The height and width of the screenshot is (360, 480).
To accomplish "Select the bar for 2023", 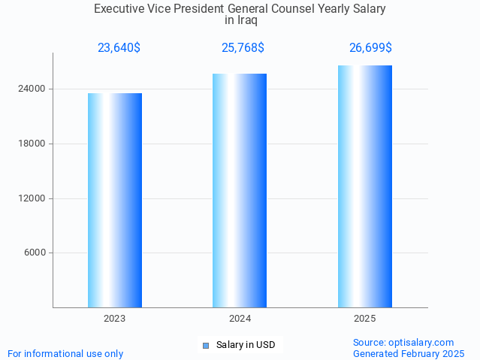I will (x=115, y=200).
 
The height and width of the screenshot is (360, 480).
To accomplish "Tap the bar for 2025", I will (x=365, y=186).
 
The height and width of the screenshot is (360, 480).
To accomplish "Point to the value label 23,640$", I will (x=119, y=48).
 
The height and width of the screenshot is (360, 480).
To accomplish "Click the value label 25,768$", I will (x=243, y=48).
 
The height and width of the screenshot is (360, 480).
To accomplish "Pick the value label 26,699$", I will (x=370, y=48).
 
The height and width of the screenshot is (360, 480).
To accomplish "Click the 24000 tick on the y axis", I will (x=31, y=89).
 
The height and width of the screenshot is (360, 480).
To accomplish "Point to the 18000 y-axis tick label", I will (x=31, y=144).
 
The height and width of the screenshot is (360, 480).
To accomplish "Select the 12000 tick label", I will (x=31, y=198).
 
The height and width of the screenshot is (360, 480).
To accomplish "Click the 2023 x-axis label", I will (x=115, y=319).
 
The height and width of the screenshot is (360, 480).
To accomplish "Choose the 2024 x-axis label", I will (x=240, y=319).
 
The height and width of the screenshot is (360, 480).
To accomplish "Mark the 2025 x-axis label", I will (x=365, y=319).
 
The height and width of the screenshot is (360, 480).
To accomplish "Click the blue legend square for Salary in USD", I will (x=205, y=346).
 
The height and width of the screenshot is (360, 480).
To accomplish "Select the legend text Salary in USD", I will (x=246, y=346).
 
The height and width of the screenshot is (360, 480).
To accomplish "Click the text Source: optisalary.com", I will (x=403, y=342).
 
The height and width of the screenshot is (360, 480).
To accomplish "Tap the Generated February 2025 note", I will (x=409, y=353).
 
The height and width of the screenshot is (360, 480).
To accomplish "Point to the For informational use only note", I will (x=65, y=353).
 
